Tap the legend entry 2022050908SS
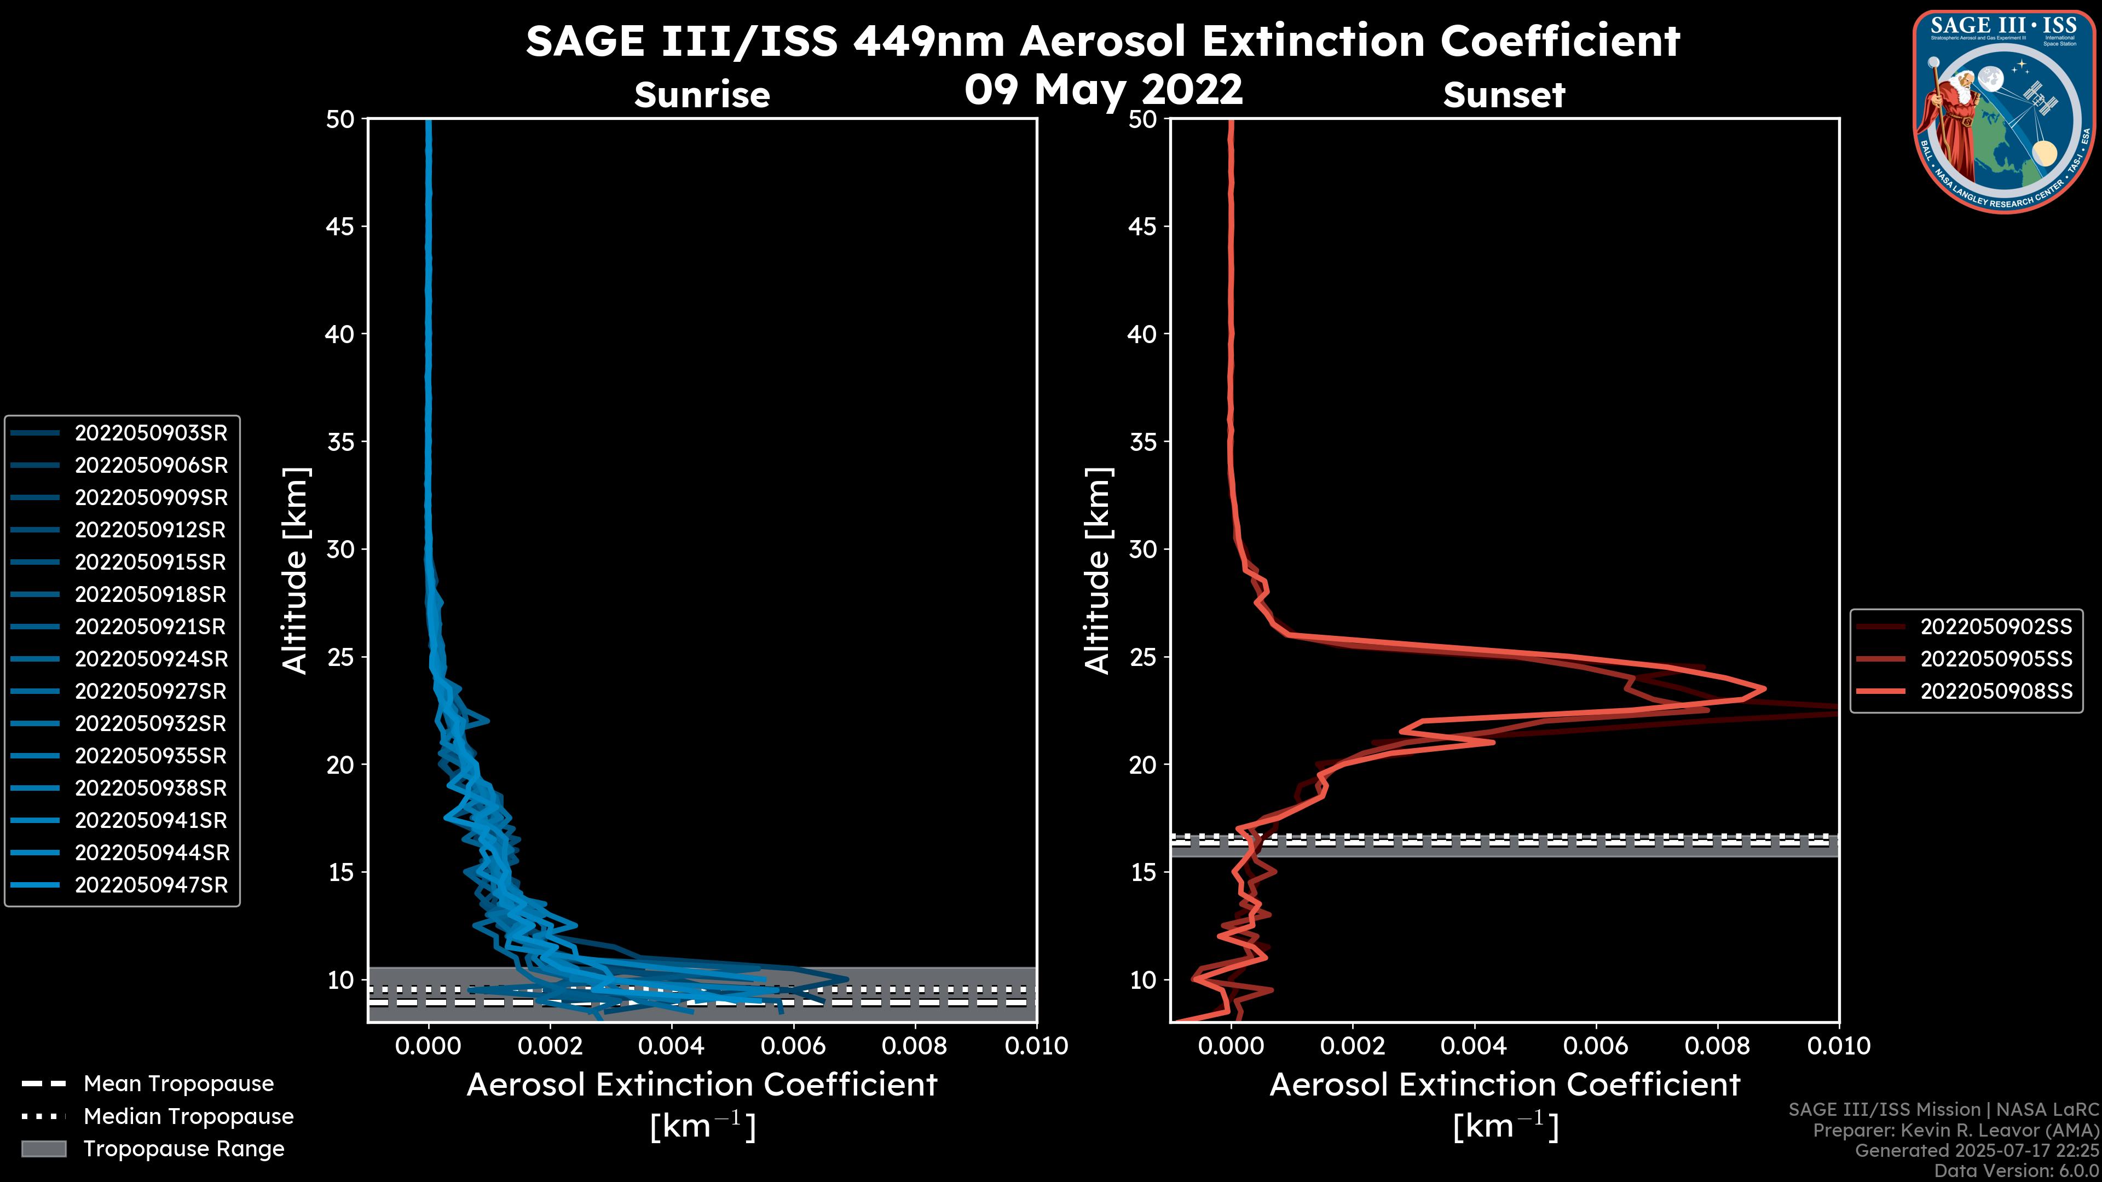click(x=1996, y=691)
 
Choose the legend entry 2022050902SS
click(x=1996, y=627)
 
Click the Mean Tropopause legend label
click(x=178, y=1083)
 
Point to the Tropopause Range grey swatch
click(x=43, y=1149)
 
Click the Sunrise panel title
click(x=702, y=95)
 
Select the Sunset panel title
click(x=1504, y=95)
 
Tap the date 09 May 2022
click(x=1103, y=89)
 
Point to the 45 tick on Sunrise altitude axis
click(x=340, y=226)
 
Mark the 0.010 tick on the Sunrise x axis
click(x=1036, y=1046)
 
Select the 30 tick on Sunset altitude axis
click(x=1143, y=549)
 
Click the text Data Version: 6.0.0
click(x=2017, y=1171)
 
